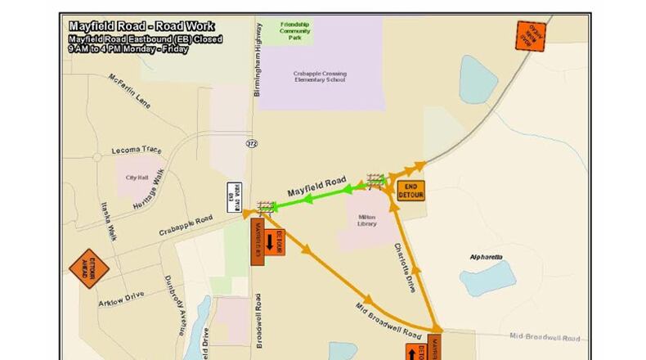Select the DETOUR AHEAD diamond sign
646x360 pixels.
88,269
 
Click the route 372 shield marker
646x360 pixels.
252,143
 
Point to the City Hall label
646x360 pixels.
136,178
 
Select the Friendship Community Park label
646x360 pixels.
294,32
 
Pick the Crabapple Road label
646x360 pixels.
186,224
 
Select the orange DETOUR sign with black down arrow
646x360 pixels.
268,243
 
